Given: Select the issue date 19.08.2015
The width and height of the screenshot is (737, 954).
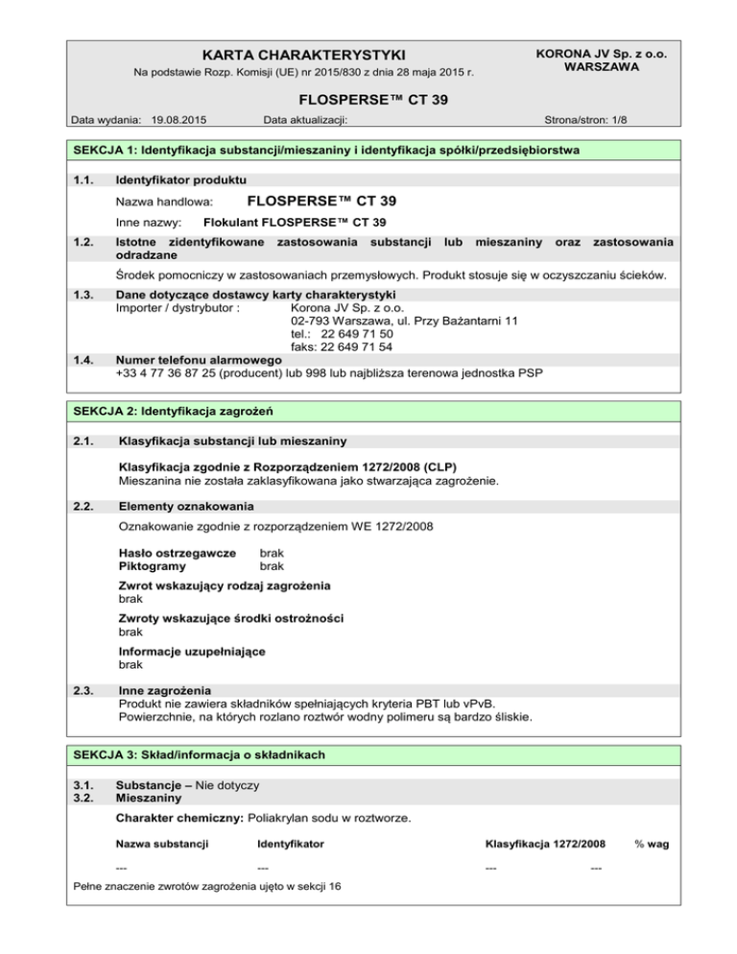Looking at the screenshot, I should [x=180, y=121].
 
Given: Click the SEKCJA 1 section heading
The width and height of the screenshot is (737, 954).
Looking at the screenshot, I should [x=327, y=151].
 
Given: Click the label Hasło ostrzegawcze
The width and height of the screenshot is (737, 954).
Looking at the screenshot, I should [x=177, y=553].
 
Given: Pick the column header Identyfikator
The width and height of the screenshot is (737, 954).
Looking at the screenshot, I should [x=291, y=844].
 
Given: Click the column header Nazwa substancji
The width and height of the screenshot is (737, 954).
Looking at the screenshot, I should [x=162, y=844].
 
